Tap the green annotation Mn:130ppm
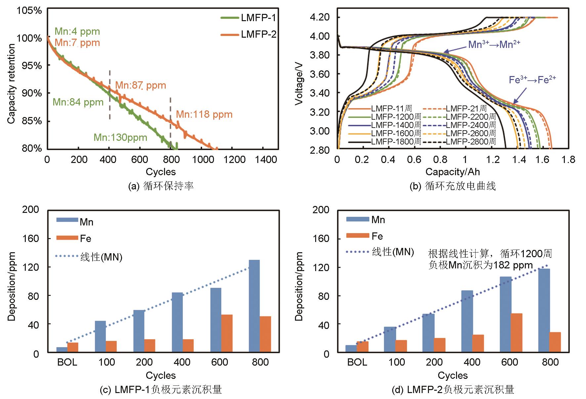pos(120,138)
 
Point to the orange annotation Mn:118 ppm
pos(204,115)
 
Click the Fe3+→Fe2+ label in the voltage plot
pos(532,80)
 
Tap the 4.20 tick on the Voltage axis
pos(320,17)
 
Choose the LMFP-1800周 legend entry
pos(396,141)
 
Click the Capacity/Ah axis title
pos(452,172)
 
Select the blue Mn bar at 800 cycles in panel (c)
pos(254,306)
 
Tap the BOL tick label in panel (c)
pos(67,362)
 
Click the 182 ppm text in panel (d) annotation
pos(517,265)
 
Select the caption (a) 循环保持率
pos(161,186)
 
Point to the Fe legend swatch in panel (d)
pos(357,236)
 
